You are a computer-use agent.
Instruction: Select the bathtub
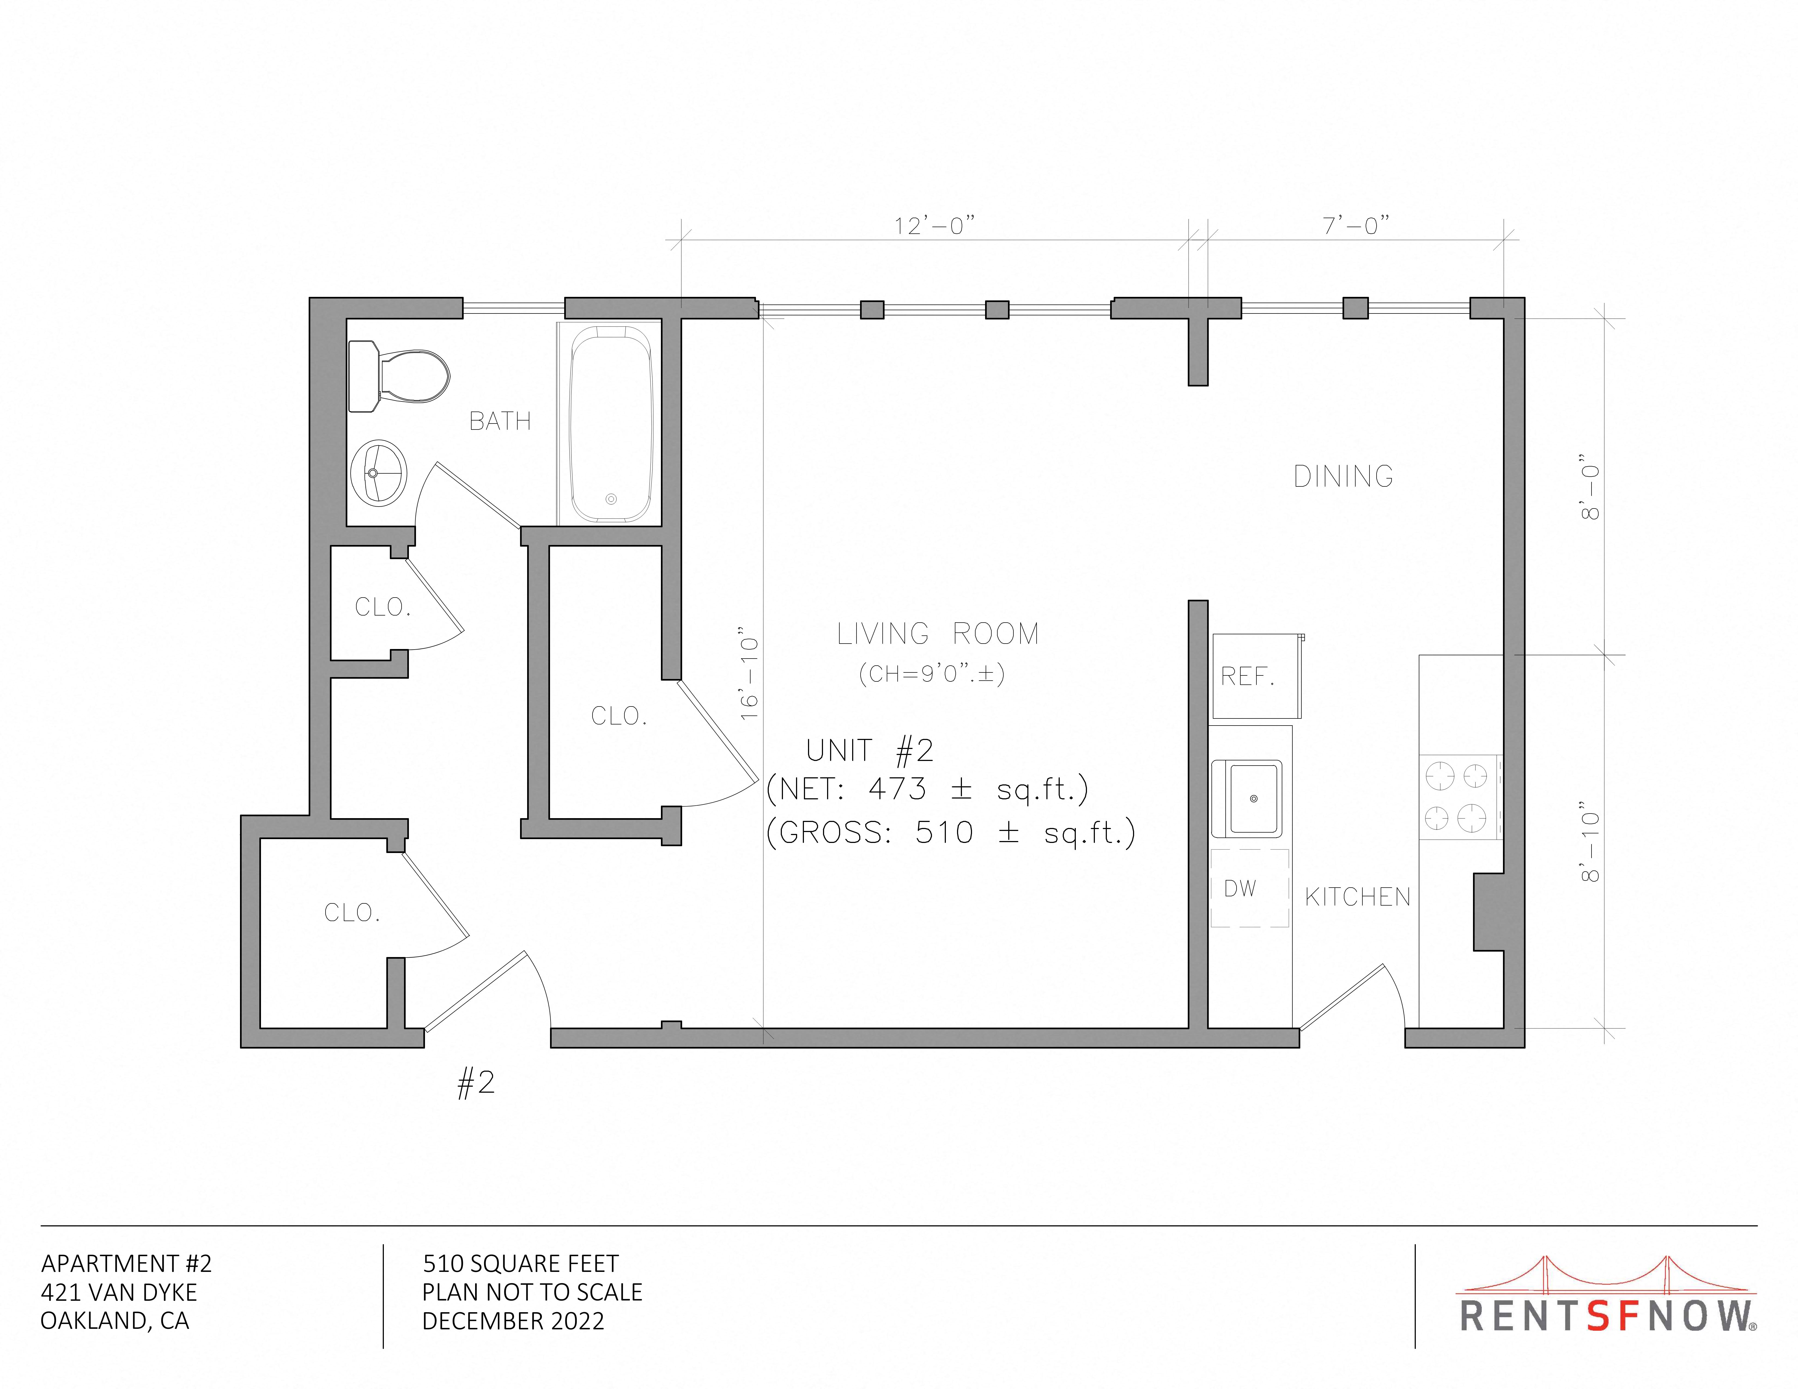[610, 423]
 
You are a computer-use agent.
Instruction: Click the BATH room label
[500, 421]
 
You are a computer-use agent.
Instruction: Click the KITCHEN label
[1357, 897]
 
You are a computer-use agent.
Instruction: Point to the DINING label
[1344, 476]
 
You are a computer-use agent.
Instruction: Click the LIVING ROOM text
[938, 633]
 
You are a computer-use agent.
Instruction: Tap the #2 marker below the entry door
[476, 1083]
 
